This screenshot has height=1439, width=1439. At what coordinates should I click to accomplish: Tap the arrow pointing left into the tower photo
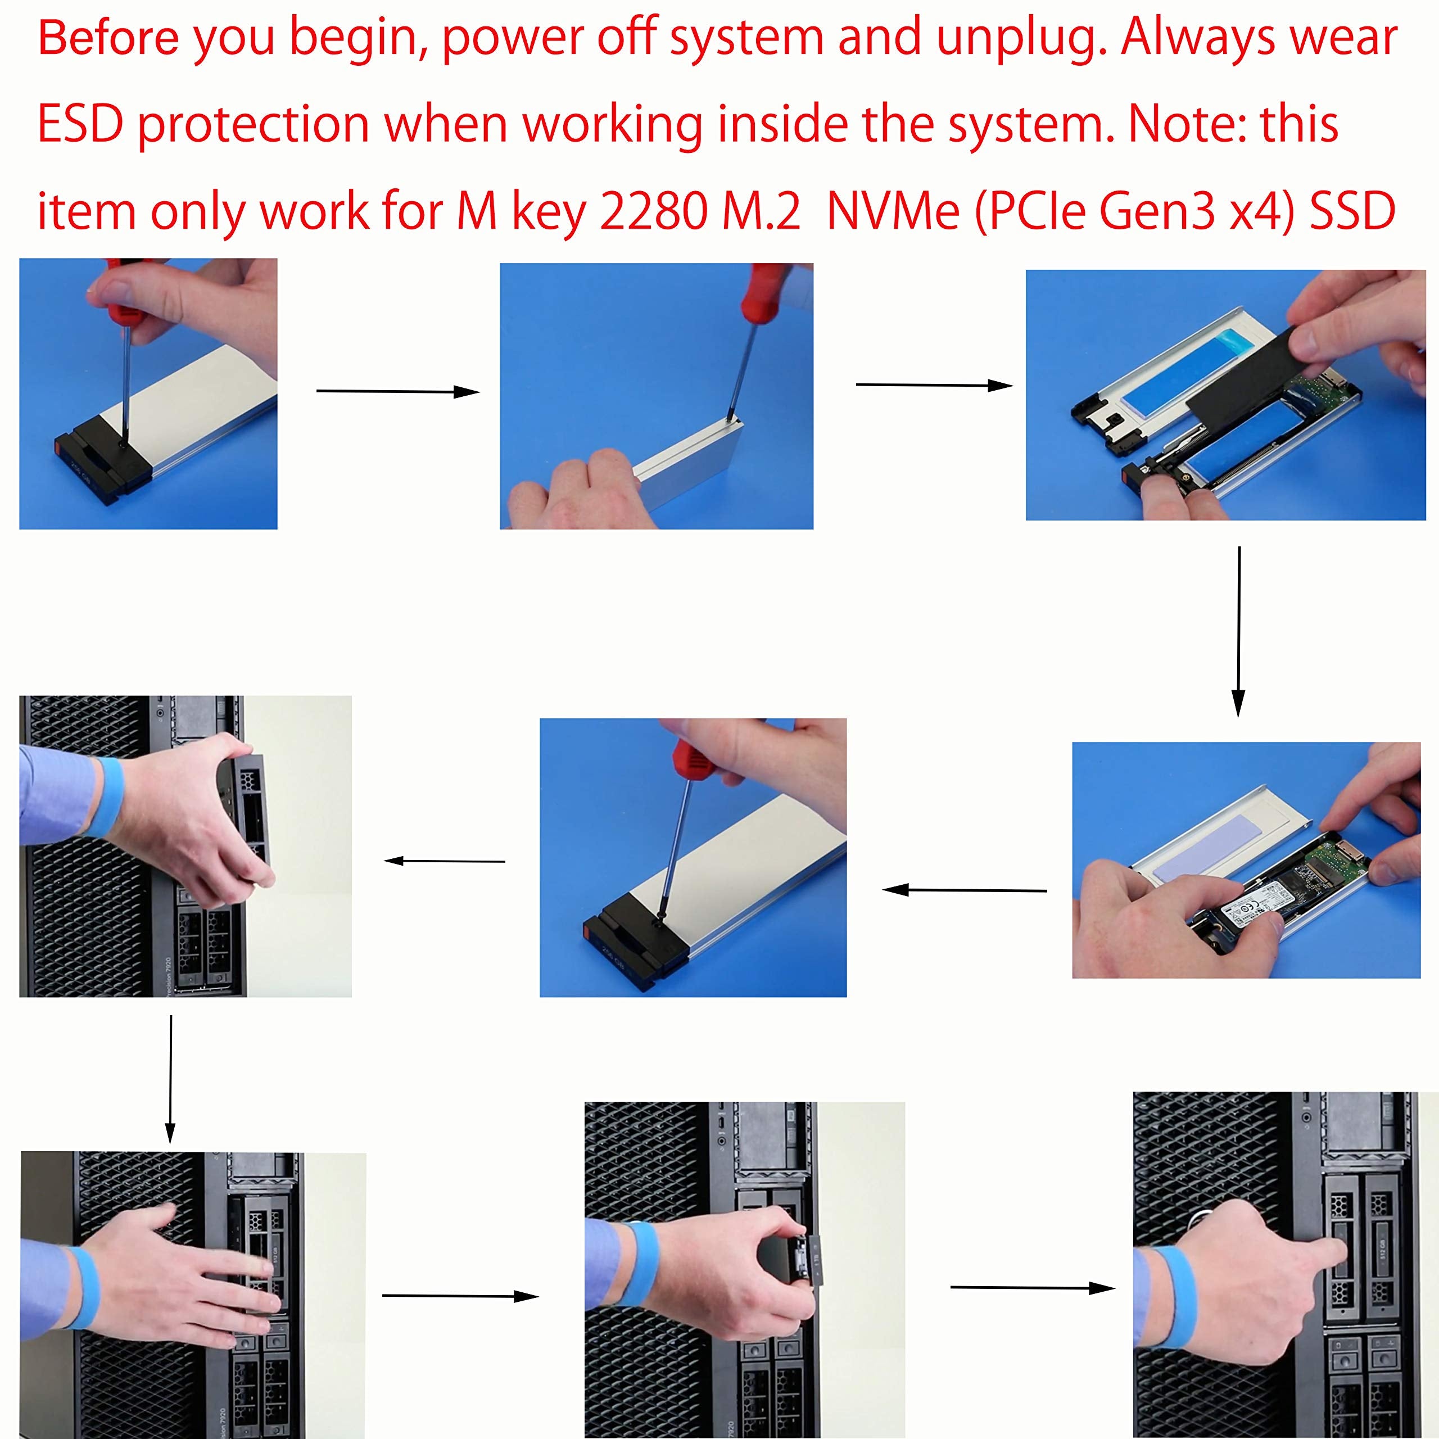point(445,861)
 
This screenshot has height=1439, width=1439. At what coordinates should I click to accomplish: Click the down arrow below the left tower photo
point(170,1079)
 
